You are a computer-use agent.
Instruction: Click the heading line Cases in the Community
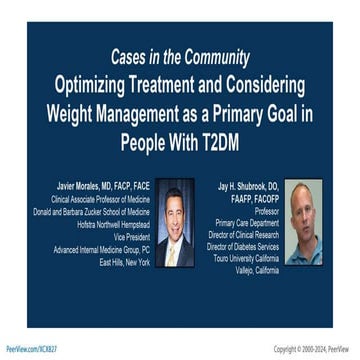[x=180, y=56]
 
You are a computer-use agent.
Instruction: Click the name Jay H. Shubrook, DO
[x=244, y=186]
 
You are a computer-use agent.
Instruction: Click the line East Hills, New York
[x=124, y=262]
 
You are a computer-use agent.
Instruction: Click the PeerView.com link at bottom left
[x=31, y=349]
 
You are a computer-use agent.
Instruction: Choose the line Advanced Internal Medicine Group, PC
[x=101, y=249]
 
